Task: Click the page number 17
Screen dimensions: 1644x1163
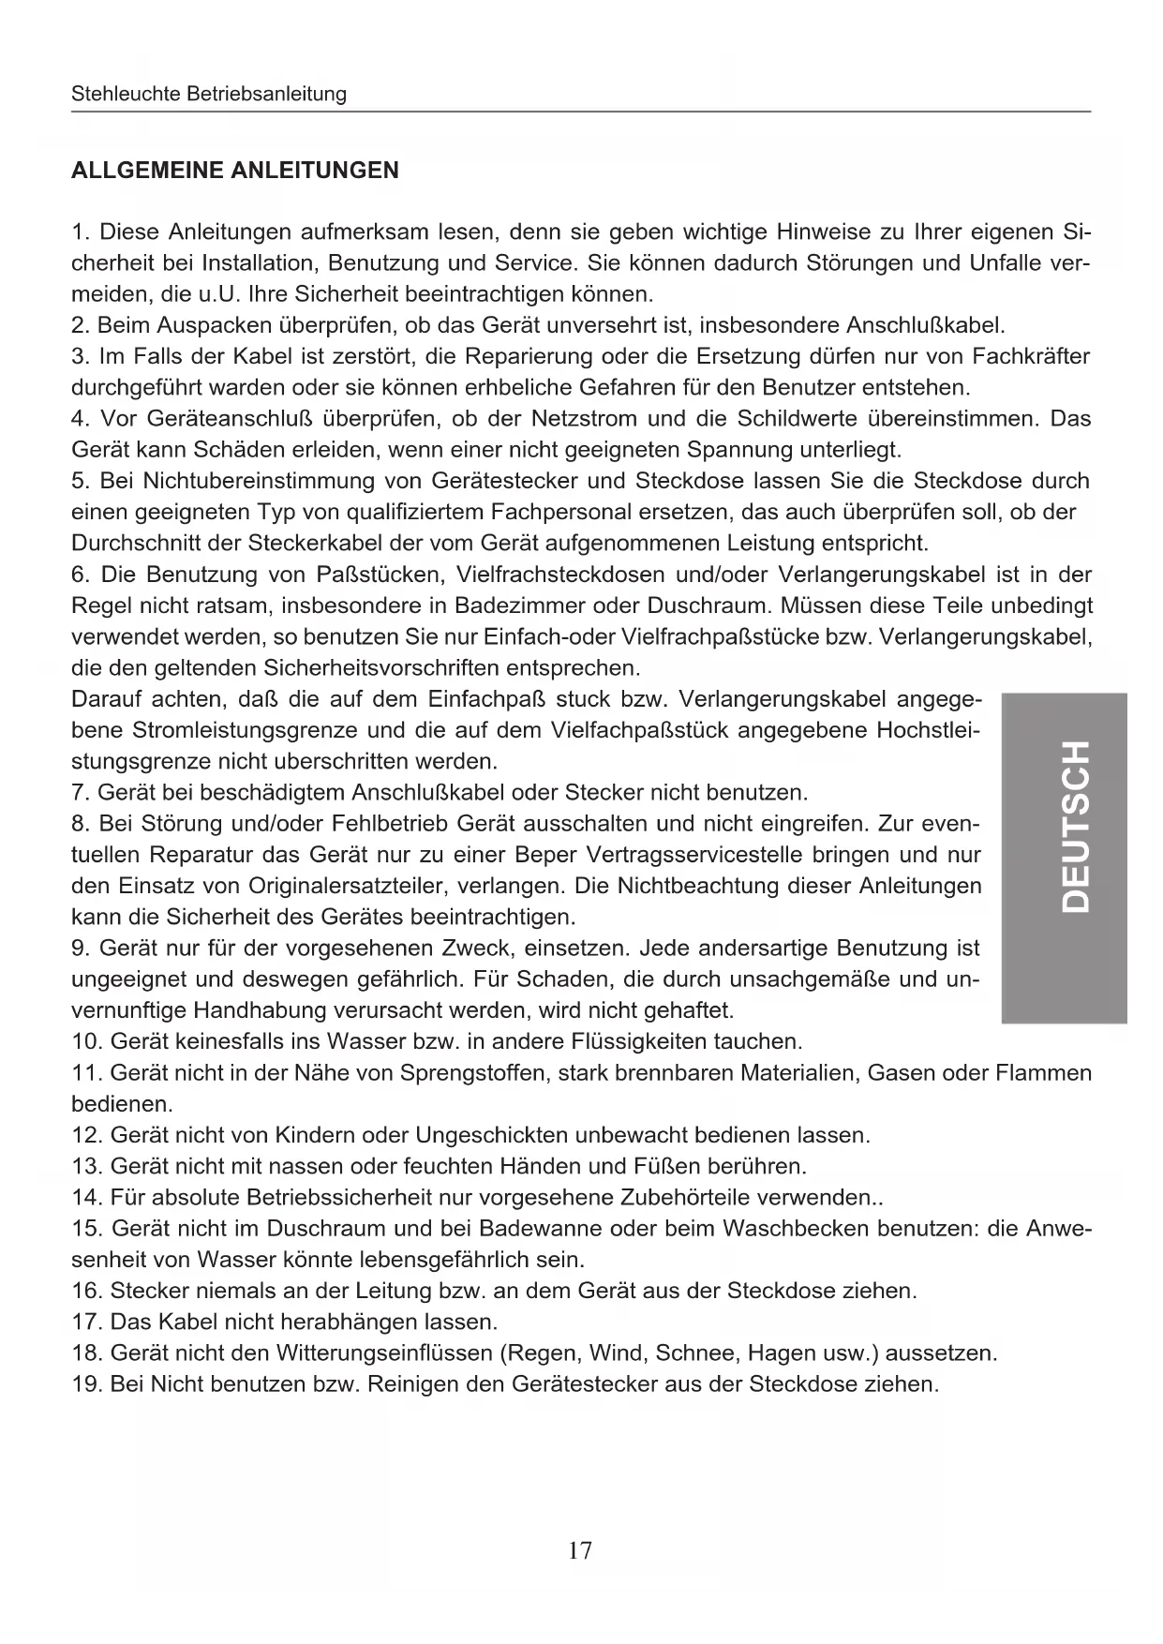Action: tap(580, 1550)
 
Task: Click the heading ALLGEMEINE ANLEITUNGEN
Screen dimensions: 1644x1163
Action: tap(235, 171)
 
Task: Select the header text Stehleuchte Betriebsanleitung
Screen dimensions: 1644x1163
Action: tap(209, 94)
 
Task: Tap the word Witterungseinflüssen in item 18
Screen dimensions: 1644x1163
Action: tap(384, 1353)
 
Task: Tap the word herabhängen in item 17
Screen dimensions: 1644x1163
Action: tap(351, 1322)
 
